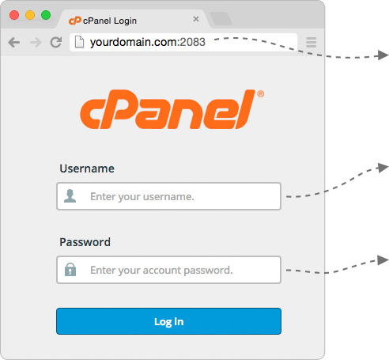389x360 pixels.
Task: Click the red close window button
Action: (14, 15)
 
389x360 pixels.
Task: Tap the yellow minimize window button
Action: (30, 15)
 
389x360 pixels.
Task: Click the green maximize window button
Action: (46, 15)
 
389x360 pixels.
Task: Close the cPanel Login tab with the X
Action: (196, 19)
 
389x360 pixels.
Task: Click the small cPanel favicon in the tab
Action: (75, 21)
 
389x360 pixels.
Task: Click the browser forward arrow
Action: (36, 42)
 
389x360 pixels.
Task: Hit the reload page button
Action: (56, 42)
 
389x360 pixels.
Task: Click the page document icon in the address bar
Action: (79, 42)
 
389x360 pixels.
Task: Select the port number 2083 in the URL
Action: (193, 42)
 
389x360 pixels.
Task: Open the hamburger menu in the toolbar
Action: (312, 42)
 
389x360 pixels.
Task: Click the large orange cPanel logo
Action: (168, 109)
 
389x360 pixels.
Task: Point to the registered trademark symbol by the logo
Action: (261, 94)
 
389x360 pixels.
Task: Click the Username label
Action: (87, 169)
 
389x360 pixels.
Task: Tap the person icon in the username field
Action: (70, 196)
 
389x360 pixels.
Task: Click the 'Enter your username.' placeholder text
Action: (142, 197)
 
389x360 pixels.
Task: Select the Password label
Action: (85, 242)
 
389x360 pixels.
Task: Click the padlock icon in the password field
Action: (70, 270)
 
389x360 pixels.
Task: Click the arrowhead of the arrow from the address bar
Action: (383, 55)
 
